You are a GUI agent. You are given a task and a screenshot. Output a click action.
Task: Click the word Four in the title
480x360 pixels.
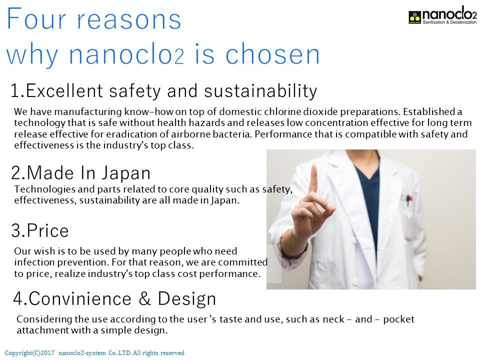point(36,18)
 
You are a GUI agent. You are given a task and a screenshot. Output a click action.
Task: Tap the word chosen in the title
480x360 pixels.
point(272,54)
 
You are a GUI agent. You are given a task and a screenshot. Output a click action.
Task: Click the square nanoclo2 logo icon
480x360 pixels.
point(415,17)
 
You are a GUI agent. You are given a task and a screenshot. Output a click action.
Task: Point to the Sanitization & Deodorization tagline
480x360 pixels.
point(449,22)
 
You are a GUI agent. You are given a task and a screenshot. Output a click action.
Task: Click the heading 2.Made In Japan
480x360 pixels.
point(81,172)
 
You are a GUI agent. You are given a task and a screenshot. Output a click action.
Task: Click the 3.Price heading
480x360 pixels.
point(40,230)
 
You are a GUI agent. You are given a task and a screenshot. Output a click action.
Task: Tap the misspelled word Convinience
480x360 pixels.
point(80,298)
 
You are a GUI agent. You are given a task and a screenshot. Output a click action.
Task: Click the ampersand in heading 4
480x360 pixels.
point(144,298)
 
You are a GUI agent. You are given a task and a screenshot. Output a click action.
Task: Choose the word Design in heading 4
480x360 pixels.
point(187,299)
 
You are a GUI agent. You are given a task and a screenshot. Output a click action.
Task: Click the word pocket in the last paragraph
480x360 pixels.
point(398,319)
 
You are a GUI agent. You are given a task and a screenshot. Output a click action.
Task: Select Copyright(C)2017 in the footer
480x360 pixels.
point(29,353)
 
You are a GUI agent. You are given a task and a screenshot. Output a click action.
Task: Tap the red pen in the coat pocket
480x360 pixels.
point(408,200)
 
